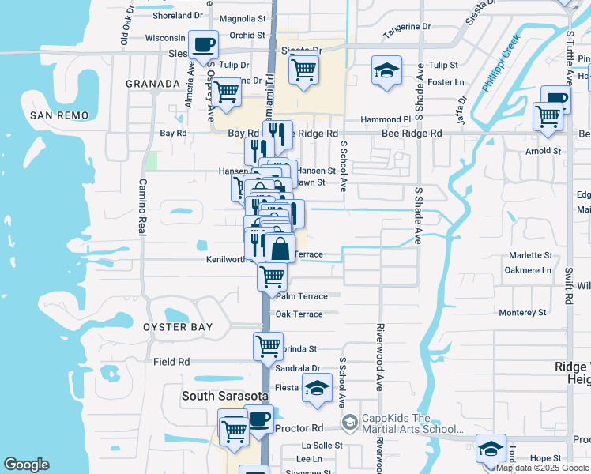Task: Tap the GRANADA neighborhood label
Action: (x=153, y=83)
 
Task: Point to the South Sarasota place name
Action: (x=225, y=395)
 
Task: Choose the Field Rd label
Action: (x=171, y=362)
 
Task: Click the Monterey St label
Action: (x=522, y=313)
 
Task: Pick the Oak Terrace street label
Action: (x=299, y=314)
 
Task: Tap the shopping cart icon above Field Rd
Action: (x=269, y=346)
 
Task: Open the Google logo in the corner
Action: (x=26, y=465)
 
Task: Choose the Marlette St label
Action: (x=529, y=256)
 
